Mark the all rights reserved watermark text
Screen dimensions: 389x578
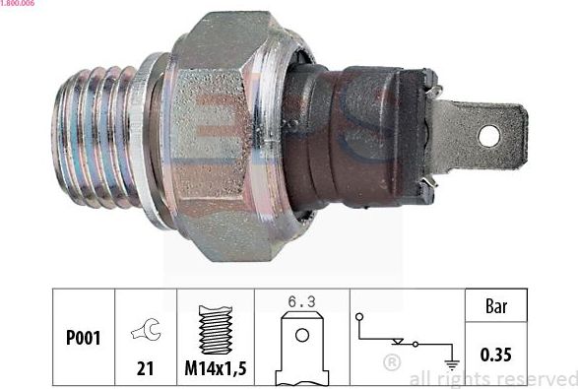(492, 378)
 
